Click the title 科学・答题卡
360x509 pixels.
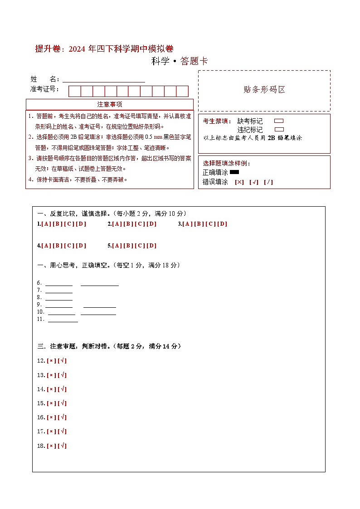180,61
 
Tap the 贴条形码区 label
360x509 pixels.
264,89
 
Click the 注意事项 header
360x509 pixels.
110,104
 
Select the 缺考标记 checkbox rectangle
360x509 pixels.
279,121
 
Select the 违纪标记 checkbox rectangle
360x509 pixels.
279,129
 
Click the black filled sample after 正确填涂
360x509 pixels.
234,172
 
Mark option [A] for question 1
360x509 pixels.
46,224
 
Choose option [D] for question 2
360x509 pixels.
151,224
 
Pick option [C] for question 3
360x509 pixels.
210,224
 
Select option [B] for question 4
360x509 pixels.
58,246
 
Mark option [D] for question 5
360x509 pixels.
151,246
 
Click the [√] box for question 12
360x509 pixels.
63,361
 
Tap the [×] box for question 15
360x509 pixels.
51,403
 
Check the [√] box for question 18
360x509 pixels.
63,446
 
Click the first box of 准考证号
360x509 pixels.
74,91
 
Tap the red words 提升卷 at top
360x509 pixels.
47,49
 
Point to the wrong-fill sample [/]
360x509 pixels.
268,182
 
